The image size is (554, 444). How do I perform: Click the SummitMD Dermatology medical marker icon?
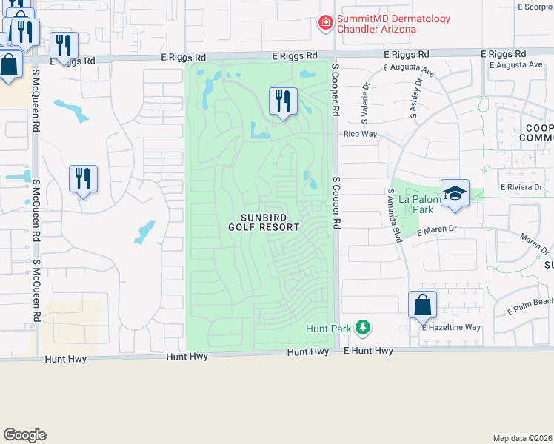coord(324,24)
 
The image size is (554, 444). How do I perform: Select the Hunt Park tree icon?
coord(362,326)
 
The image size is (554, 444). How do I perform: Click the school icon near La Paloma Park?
coord(455,194)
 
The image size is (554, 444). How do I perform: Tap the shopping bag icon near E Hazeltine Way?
coord(422,305)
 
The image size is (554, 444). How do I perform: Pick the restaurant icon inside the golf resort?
coord(283,101)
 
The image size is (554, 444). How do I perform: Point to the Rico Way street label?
coord(360,134)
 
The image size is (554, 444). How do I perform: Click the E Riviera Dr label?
coord(521,187)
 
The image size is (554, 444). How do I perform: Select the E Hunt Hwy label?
coord(369,351)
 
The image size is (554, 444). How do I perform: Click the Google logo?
coord(24,435)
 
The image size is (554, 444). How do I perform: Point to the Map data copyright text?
coord(523,438)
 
